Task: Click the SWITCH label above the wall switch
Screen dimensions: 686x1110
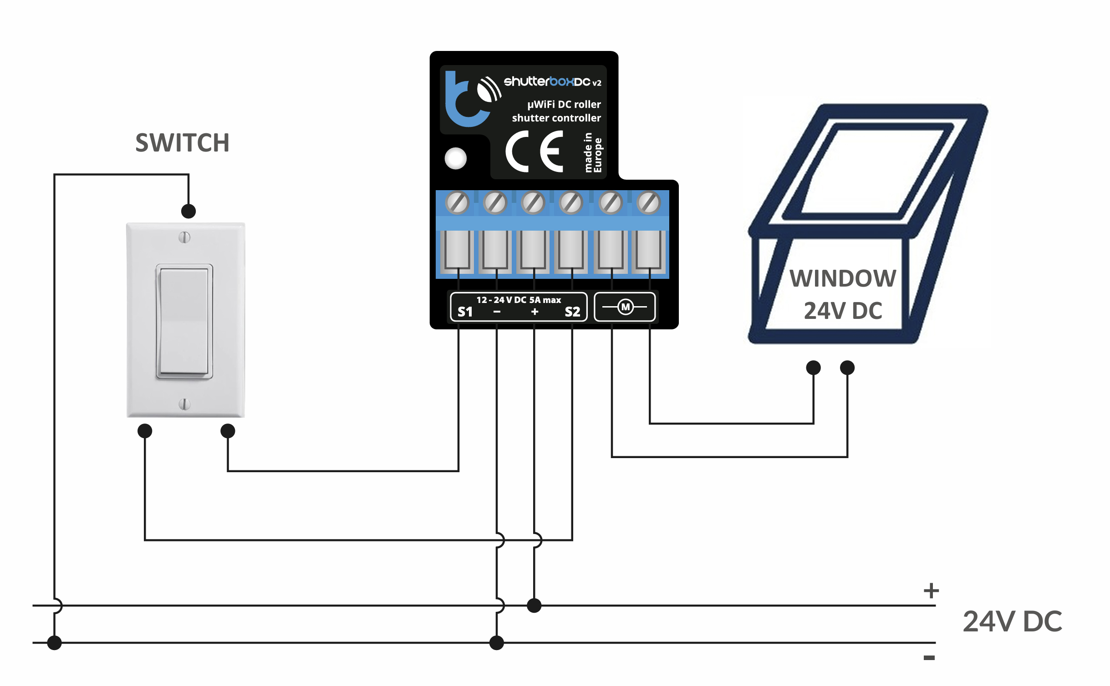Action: (182, 143)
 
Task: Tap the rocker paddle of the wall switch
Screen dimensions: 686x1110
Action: (184, 321)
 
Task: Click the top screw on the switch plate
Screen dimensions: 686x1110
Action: (184, 237)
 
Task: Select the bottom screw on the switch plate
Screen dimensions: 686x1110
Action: (184, 404)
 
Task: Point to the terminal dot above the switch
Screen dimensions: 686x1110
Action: (188, 211)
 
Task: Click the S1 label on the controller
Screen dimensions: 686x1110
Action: (465, 312)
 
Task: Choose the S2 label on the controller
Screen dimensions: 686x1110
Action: (572, 312)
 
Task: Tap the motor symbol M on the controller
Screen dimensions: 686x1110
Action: (626, 307)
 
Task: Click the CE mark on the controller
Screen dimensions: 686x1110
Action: (535, 151)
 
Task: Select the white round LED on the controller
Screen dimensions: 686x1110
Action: (456, 158)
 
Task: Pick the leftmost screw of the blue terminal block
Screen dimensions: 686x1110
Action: (457, 202)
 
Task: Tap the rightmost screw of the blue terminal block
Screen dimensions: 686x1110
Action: (649, 202)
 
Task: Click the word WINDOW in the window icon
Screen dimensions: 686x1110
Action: (843, 278)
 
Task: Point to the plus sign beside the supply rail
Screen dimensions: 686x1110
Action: (931, 590)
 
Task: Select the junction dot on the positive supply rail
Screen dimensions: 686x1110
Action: (534, 605)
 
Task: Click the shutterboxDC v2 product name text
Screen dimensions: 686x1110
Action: (552, 82)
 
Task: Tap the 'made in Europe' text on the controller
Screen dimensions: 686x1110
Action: (593, 153)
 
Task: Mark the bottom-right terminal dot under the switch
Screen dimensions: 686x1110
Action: (228, 431)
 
